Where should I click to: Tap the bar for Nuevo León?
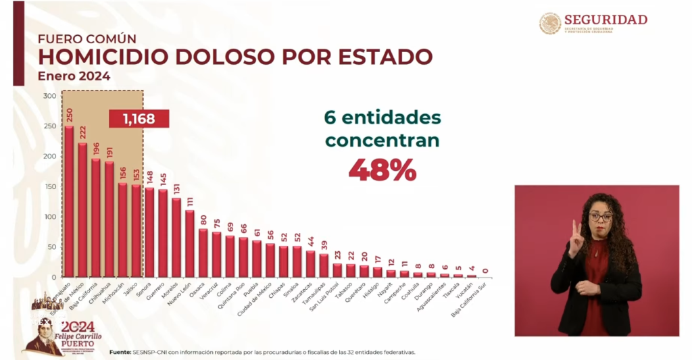[x=190, y=243]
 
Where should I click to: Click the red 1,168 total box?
[x=139, y=120]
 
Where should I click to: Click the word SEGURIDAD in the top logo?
[x=605, y=20]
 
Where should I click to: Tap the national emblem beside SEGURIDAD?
[x=550, y=24]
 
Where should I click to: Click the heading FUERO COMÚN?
[x=86, y=38]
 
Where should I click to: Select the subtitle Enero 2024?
[x=74, y=76]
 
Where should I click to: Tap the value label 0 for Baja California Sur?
[x=485, y=271]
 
